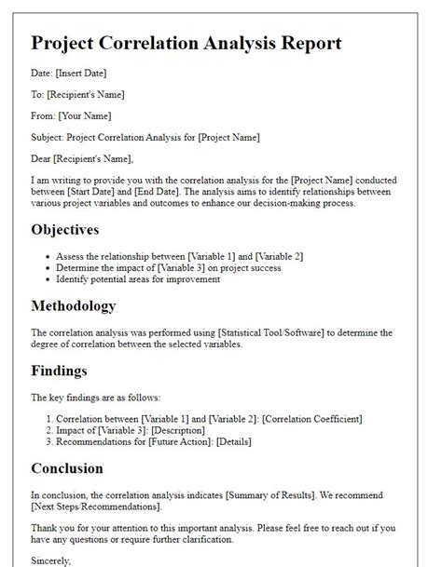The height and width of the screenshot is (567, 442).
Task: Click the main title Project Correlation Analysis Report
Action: (186, 44)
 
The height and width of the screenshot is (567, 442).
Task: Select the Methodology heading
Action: (74, 305)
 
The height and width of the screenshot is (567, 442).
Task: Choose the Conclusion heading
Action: (67, 468)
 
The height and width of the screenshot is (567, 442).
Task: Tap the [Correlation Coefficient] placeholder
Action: (311, 420)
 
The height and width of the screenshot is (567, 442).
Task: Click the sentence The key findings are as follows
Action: (96, 396)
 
